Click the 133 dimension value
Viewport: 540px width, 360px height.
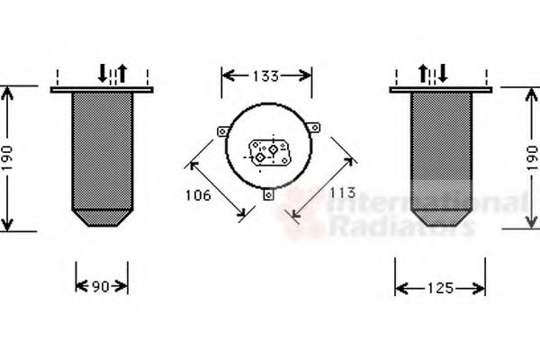265,76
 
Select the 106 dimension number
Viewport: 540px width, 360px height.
198,195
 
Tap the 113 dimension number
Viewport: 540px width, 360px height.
342,193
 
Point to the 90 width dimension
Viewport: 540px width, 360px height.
101,286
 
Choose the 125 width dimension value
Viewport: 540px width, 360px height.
440,288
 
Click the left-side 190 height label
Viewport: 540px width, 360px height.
7,157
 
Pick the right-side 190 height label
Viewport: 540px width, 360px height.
532,158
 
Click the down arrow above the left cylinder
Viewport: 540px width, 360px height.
103,73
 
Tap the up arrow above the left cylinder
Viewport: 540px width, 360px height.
122,73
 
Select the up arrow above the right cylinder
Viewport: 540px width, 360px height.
423,74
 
